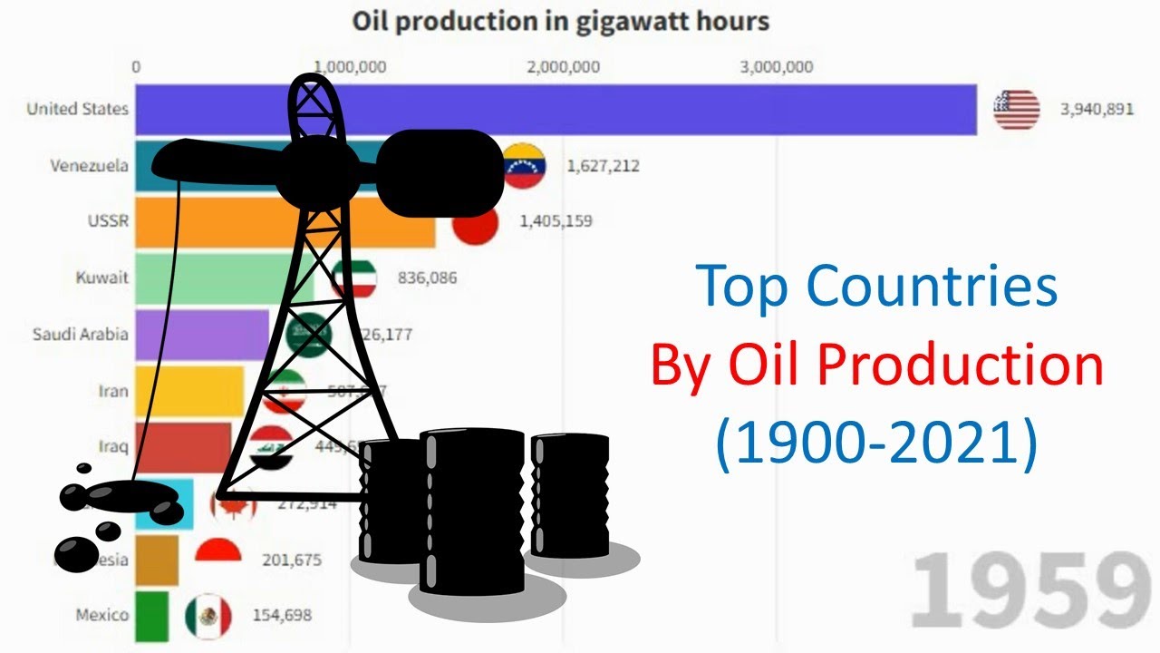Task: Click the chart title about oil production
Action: click(x=560, y=22)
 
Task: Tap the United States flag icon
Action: click(x=1016, y=110)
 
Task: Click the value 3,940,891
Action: click(x=1097, y=110)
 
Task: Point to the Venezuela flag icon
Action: click(x=524, y=165)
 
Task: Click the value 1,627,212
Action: click(x=603, y=166)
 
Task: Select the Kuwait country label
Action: click(x=101, y=278)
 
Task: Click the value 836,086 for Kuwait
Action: click(x=427, y=278)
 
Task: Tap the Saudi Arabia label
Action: click(x=80, y=334)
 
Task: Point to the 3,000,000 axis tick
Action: click(x=776, y=67)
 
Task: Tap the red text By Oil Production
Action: click(x=876, y=365)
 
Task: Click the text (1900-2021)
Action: click(x=876, y=444)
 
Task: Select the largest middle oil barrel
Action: click(x=472, y=512)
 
